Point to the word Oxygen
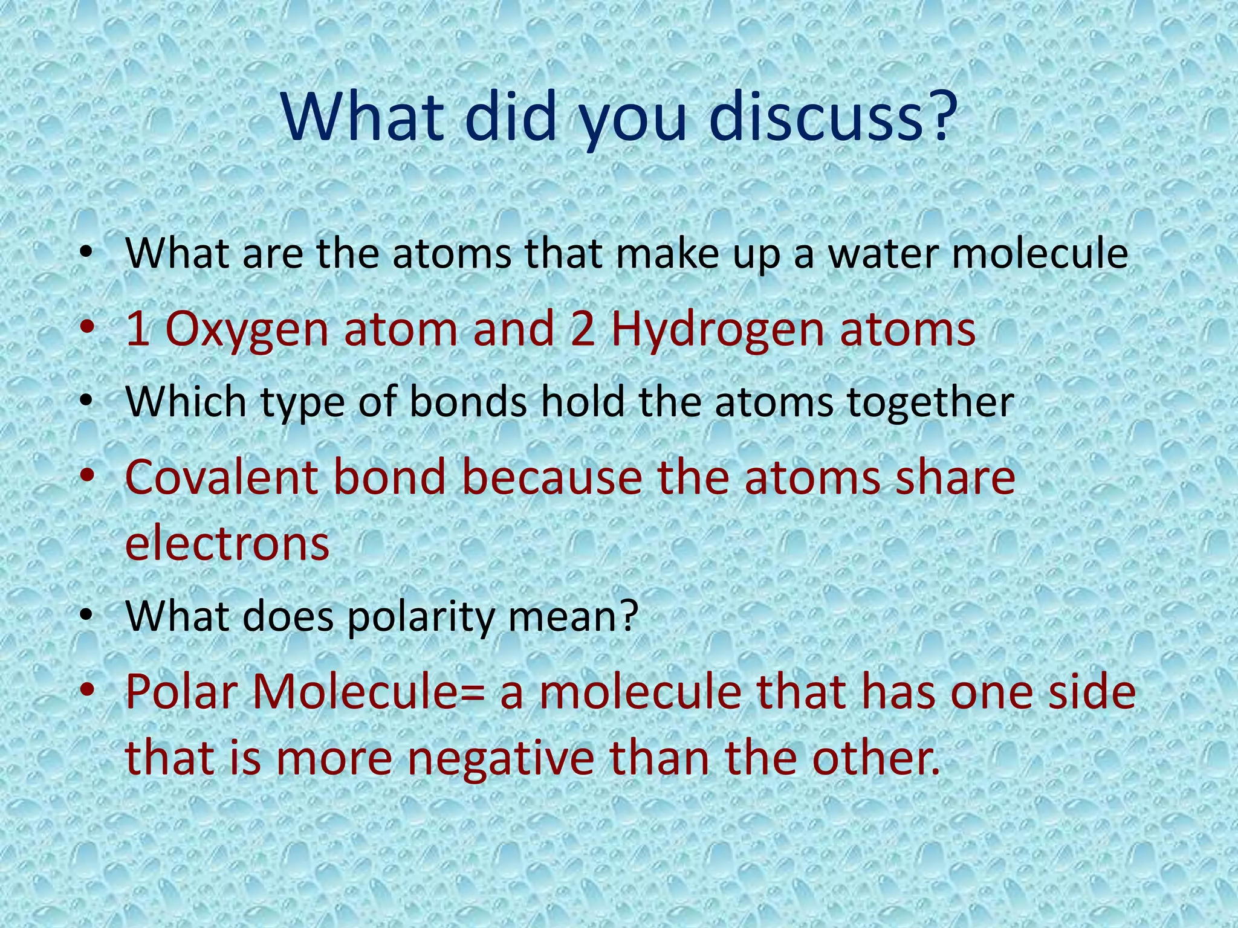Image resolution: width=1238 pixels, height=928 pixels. click(x=247, y=330)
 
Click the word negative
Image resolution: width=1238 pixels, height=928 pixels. click(x=499, y=759)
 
